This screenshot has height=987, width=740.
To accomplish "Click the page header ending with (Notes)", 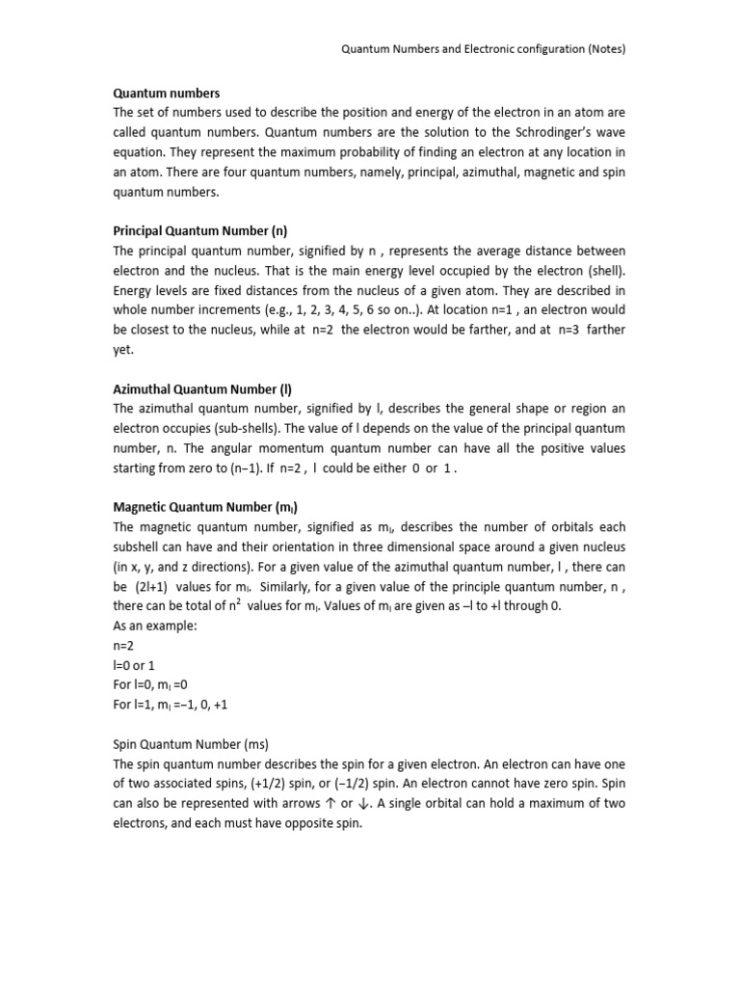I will coord(484,49).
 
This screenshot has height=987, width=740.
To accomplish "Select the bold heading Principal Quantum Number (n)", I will coord(200,230).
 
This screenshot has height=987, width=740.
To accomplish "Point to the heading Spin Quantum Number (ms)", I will coord(191,743).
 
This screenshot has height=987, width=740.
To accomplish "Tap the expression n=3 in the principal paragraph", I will coord(562,331).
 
